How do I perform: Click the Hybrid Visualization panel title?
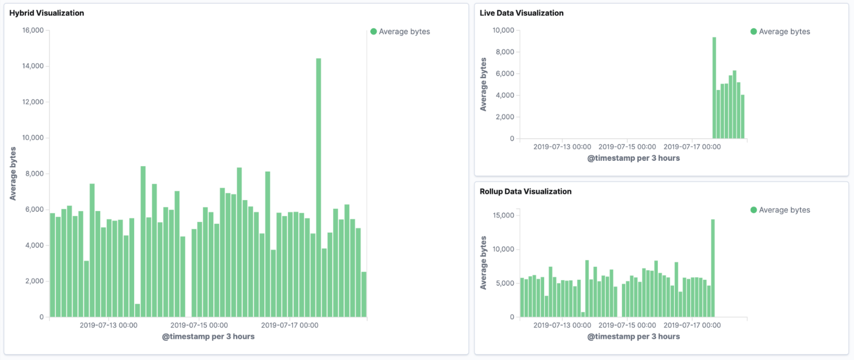(47, 13)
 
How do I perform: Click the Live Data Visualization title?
(521, 13)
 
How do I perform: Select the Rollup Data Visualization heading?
(525, 191)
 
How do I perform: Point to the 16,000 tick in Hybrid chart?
(33, 30)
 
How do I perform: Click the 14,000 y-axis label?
(33, 66)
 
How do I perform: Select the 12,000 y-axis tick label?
(33, 102)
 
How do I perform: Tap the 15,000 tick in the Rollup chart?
(503, 215)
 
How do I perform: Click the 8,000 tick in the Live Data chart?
(505, 52)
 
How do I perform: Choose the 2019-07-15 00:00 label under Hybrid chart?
(199, 325)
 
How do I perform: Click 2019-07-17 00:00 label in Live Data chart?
(692, 147)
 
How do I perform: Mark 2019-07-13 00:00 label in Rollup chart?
(562, 325)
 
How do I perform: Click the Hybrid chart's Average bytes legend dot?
(374, 32)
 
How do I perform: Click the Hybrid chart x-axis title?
(208, 336)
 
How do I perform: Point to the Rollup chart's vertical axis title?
(483, 262)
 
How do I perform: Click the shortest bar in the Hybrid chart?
(138, 311)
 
